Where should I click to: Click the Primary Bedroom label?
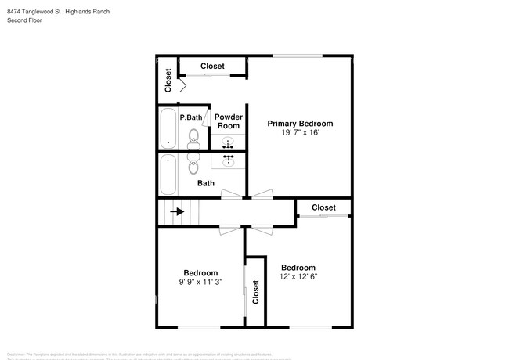[300, 124]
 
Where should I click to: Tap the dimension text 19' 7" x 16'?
[300, 133]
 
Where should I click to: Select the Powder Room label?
[228, 121]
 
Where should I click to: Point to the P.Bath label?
[191, 118]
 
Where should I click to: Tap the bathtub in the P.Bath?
[168, 128]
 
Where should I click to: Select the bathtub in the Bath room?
[168, 175]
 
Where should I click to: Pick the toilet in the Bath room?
[193, 166]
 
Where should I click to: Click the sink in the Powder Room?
[229, 143]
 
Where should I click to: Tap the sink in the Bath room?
[229, 160]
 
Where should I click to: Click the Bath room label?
[205, 184]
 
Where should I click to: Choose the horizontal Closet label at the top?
[212, 67]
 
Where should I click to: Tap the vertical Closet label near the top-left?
[168, 79]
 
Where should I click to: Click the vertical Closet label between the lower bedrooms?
[255, 292]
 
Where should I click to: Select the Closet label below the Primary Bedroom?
[323, 207]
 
